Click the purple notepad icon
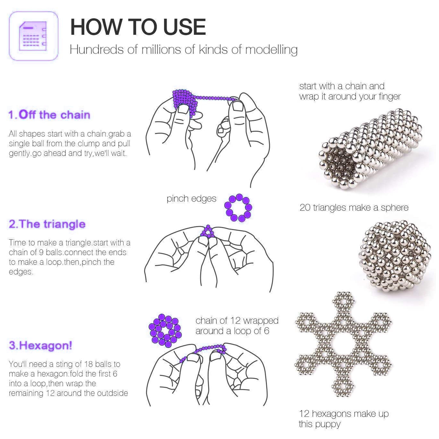[33, 36]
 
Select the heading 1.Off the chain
[49, 115]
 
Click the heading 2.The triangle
[47, 224]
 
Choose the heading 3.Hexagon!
[40, 345]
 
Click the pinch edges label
[192, 199]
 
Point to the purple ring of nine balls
[238, 208]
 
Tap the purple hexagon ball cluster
[165, 331]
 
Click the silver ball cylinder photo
[371, 149]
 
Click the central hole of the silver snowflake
[343, 344]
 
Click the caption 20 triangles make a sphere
[354, 208]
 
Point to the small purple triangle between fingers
[208, 232]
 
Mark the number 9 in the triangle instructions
[41, 252]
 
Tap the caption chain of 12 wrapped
[237, 321]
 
